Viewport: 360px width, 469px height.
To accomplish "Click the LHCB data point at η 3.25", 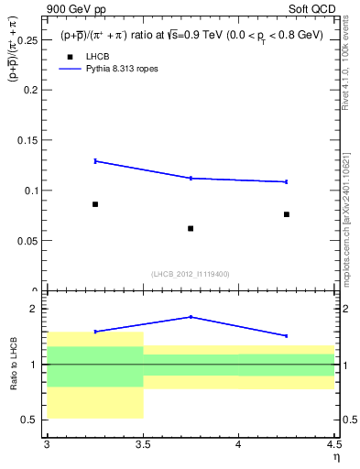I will pos(94,204).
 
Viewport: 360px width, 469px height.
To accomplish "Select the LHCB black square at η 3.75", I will pos(191,228).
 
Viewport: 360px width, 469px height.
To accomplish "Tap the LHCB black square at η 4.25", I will pos(287,214).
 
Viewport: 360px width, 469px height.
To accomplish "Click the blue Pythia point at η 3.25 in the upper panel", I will pos(94,161).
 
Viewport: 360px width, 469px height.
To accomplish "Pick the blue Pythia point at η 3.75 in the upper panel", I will pos(191,178).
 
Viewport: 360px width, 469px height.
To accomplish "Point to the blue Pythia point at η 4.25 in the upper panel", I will pos(287,181).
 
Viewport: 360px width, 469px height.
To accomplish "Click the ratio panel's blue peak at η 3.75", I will pos(191,317).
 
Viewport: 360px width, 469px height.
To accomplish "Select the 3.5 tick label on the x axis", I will pos(143,444).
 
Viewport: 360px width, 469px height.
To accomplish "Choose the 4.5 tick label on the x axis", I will pos(333,444).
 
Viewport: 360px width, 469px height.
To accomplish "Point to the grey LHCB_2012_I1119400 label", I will pos(191,274).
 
